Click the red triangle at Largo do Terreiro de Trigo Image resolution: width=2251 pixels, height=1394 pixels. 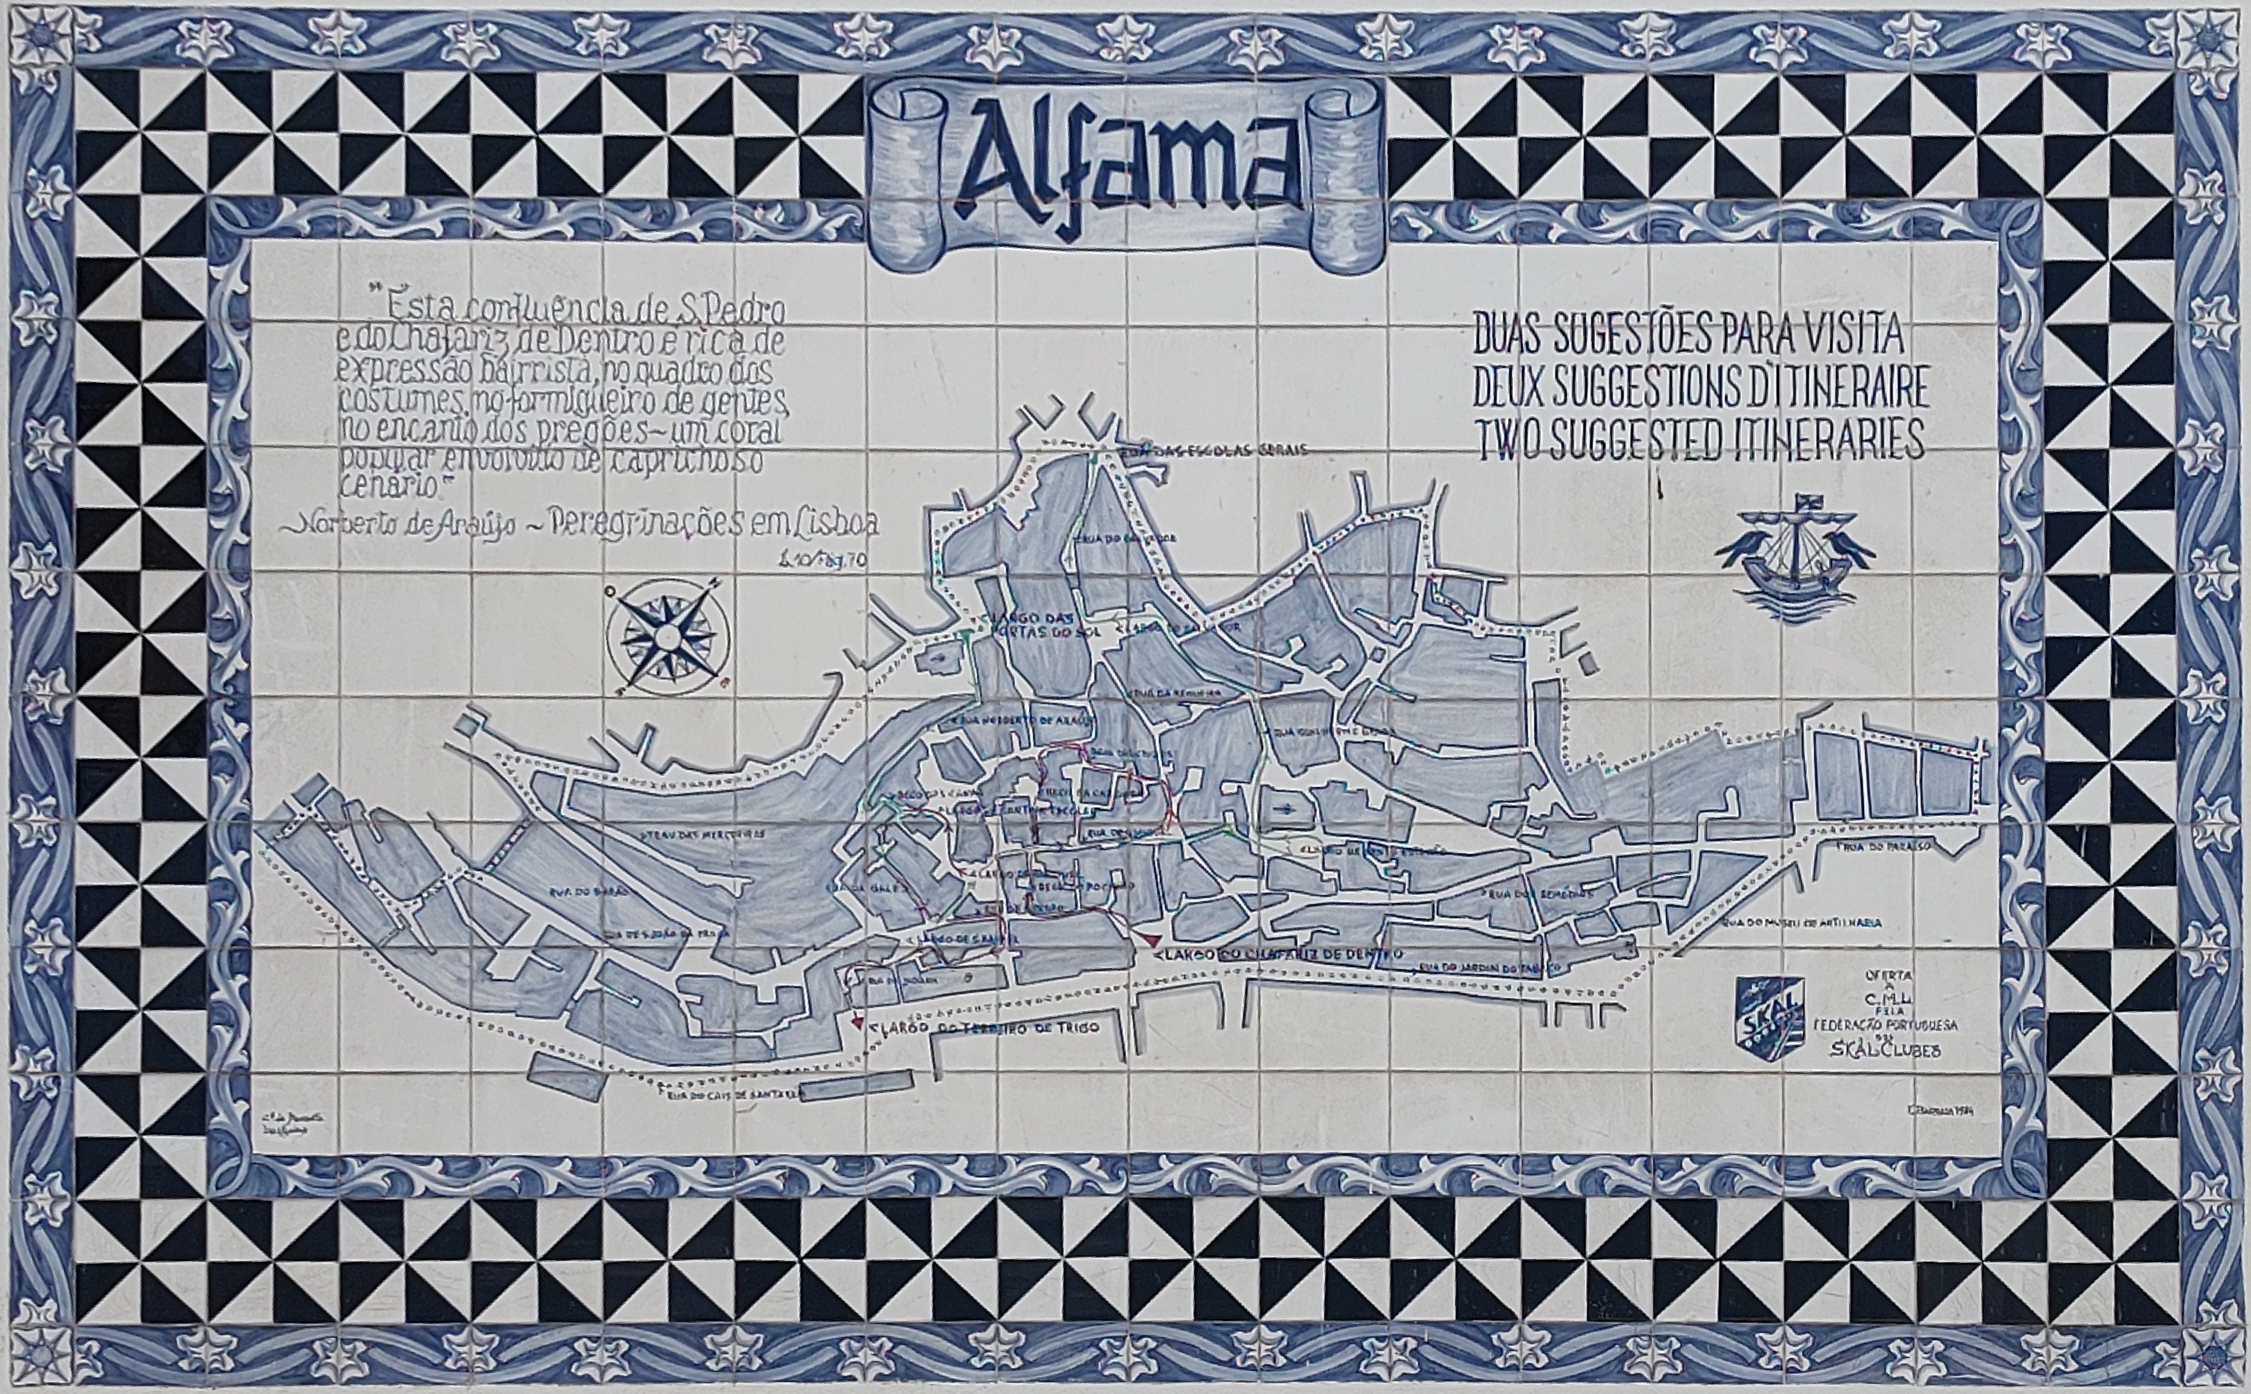(x=858, y=1024)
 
